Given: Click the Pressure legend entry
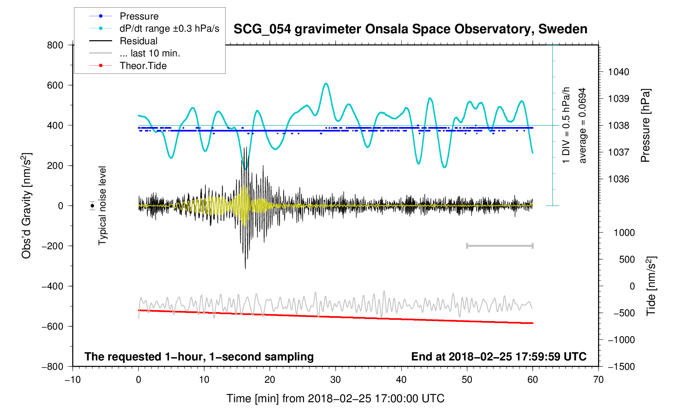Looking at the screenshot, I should click(x=139, y=16).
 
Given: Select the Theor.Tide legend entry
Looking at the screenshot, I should click(x=143, y=66).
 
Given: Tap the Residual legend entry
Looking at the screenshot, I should click(x=138, y=41).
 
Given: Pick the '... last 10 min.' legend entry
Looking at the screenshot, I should click(x=150, y=53).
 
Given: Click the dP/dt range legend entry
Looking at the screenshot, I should click(x=169, y=28).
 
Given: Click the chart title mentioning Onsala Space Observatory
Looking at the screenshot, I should click(x=410, y=29).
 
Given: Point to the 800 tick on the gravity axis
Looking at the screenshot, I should click(x=55, y=45).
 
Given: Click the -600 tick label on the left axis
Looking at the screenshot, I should click(x=52, y=326).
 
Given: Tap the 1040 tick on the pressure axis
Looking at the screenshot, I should click(x=618, y=72).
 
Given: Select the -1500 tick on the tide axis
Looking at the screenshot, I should click(x=621, y=367).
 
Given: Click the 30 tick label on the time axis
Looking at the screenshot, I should click(x=336, y=379).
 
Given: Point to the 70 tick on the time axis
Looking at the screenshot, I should click(x=598, y=379).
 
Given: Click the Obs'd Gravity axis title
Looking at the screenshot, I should click(x=26, y=206).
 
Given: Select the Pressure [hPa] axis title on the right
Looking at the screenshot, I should click(x=645, y=125).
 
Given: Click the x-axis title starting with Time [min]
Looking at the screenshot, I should click(x=335, y=399).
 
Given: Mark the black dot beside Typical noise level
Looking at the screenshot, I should click(x=93, y=206).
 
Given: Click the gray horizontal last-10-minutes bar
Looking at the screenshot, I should click(x=499, y=246).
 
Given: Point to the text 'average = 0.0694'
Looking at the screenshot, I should click(x=583, y=125).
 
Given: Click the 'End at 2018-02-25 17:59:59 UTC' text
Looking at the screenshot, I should click(x=499, y=357).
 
